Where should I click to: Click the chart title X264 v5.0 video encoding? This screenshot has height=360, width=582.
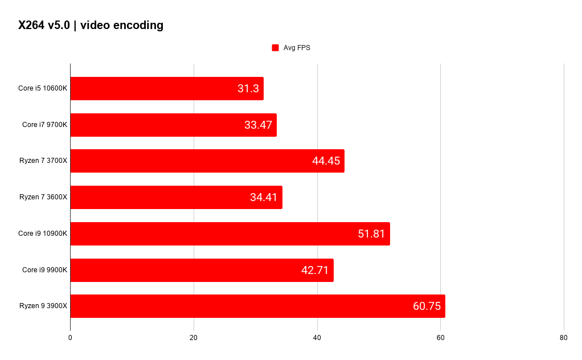click(91, 25)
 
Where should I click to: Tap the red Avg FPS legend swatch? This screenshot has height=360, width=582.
click(276, 47)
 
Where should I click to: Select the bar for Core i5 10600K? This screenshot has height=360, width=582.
click(167, 89)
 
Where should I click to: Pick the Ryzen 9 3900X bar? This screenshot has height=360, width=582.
click(257, 306)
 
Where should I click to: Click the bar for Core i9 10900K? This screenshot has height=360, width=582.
click(230, 234)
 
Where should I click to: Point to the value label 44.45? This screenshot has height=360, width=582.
click(326, 161)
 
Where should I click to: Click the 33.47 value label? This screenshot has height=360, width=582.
click(259, 125)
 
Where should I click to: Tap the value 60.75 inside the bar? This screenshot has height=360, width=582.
click(427, 306)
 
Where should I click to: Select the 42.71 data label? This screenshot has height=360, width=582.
click(315, 270)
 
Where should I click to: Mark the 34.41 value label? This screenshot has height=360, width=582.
click(264, 197)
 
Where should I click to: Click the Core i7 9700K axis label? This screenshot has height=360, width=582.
click(44, 125)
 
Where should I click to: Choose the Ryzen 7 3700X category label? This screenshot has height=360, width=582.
click(43, 161)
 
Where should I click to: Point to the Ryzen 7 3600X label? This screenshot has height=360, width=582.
click(43, 197)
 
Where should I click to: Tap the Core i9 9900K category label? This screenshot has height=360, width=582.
click(44, 270)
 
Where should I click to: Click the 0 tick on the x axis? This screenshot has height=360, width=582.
click(70, 338)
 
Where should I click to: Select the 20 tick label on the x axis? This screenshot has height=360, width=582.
click(194, 338)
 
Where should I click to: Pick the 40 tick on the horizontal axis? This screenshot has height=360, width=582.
click(317, 338)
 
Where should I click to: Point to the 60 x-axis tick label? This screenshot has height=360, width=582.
click(440, 338)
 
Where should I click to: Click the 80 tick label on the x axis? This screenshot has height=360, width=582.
click(563, 338)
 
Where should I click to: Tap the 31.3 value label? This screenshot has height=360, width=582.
click(248, 89)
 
